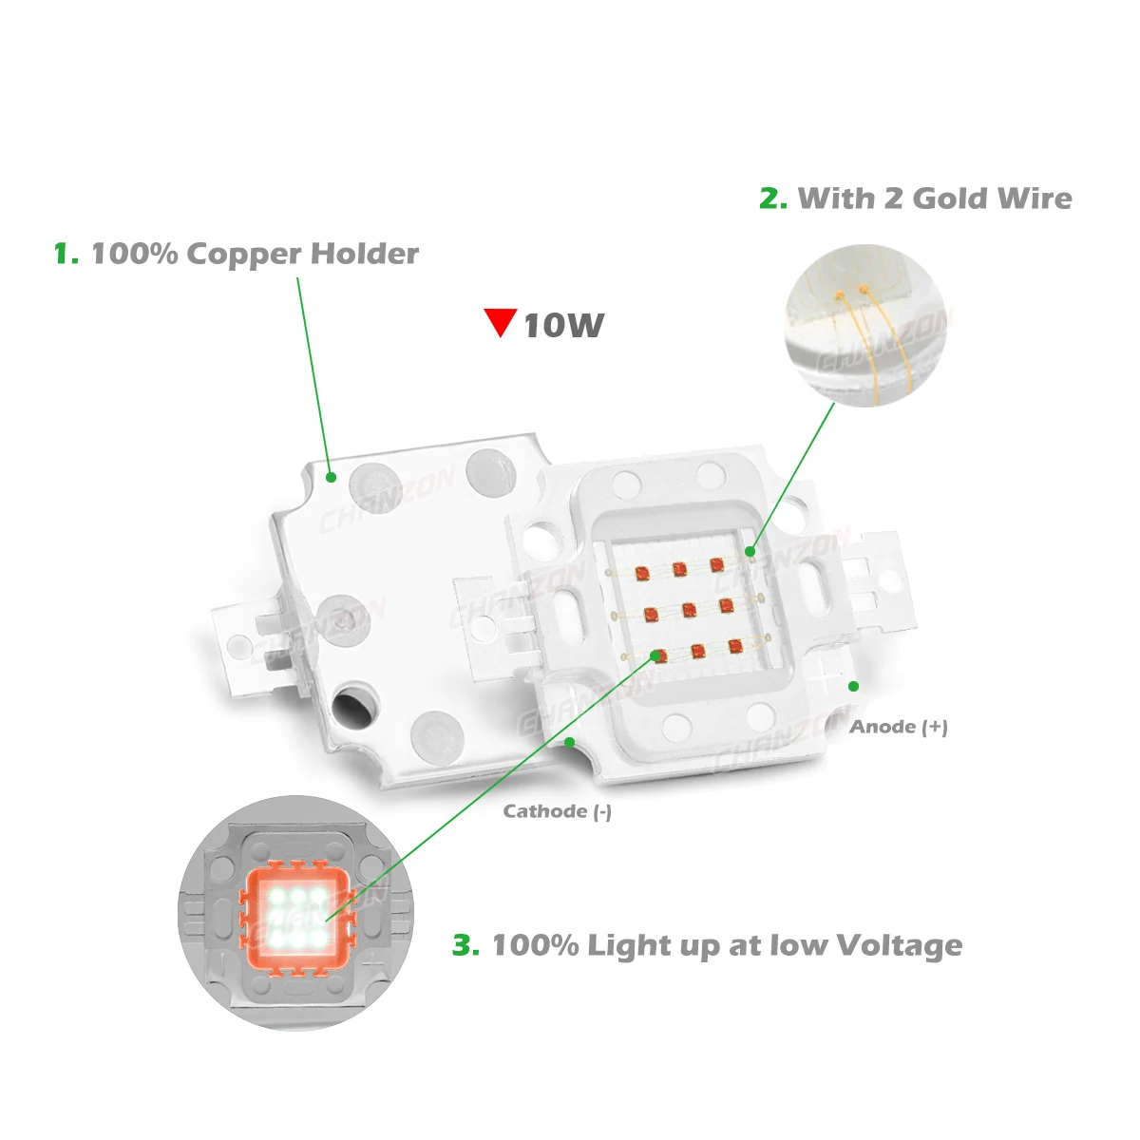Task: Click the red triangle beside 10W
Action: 500,321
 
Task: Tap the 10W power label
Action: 563,326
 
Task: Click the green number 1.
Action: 65,255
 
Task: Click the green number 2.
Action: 772,199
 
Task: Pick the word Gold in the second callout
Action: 951,199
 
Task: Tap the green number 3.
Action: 465,946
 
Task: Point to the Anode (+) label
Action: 899,727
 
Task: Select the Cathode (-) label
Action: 558,811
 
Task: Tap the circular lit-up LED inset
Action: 295,912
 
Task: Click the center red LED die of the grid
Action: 690,610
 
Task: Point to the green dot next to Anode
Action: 853,686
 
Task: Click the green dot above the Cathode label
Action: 569,743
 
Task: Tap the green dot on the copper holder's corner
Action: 332,477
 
